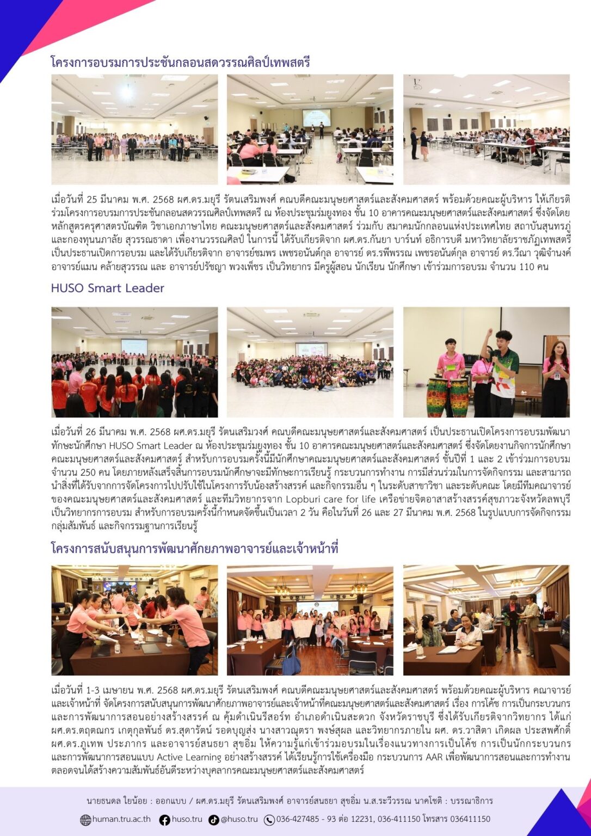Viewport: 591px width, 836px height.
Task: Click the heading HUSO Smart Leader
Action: (x=107, y=288)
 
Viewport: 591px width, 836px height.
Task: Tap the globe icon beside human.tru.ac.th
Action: (x=85, y=820)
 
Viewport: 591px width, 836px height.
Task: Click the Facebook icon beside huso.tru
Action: (x=164, y=820)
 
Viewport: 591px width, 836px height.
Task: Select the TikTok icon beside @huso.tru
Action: (x=214, y=820)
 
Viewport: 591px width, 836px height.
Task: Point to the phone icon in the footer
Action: (x=269, y=820)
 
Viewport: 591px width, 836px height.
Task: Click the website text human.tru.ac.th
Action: (x=121, y=819)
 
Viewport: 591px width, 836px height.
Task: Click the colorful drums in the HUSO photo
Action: (x=448, y=397)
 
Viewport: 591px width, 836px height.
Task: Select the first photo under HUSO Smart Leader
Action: (x=134, y=362)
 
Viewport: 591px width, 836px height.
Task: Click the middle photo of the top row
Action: (x=310, y=129)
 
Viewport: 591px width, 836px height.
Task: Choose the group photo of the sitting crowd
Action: (x=310, y=362)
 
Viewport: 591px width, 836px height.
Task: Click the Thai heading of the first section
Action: (x=180, y=62)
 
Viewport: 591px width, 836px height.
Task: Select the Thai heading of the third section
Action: (x=194, y=549)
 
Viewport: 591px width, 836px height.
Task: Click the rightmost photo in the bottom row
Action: (x=486, y=620)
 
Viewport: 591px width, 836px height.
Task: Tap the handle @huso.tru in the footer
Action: (x=239, y=819)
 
